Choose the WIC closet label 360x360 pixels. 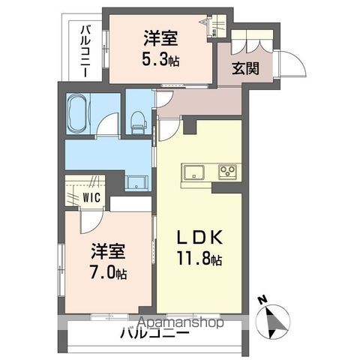click(92, 199)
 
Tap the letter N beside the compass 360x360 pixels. click(263, 300)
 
